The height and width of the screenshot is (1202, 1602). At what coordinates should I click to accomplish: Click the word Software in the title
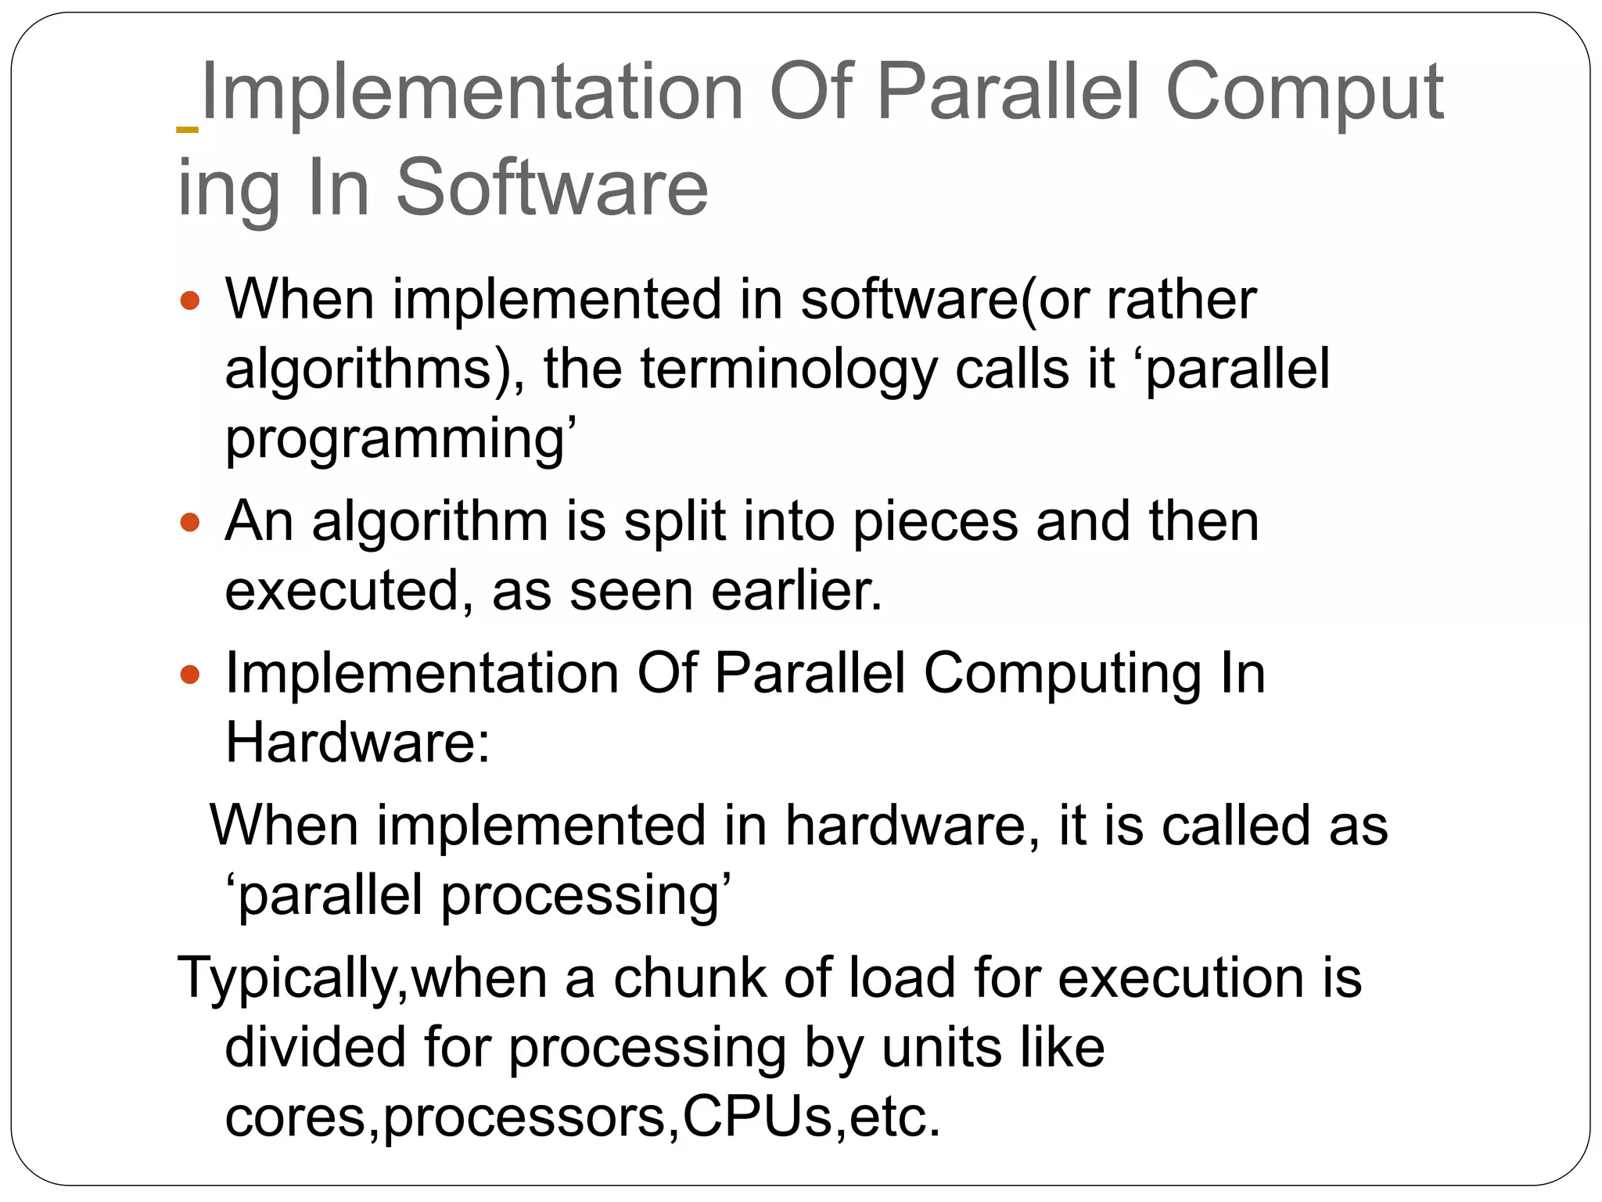(552, 188)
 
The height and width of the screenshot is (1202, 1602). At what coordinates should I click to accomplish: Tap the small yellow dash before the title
(188, 128)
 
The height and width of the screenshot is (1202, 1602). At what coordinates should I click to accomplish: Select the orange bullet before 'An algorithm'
(190, 522)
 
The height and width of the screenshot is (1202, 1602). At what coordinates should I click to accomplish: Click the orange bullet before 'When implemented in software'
(190, 300)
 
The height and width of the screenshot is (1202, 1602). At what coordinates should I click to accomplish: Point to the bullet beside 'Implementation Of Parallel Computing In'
(190, 674)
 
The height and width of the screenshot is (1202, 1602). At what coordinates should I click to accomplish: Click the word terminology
(788, 369)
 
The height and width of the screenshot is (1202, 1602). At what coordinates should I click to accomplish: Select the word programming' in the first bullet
(401, 440)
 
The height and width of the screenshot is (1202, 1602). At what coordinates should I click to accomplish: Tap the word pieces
(936, 522)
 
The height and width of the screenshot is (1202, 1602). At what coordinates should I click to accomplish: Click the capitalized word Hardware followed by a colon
(357, 742)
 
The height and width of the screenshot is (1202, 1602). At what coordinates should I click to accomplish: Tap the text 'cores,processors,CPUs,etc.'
(583, 1117)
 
